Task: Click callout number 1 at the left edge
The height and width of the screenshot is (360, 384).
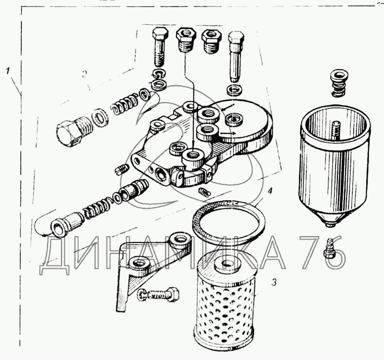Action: pyautogui.click(x=8, y=71)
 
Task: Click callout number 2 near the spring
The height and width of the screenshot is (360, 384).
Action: pyautogui.click(x=84, y=74)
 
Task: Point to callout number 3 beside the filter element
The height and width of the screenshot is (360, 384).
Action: pyautogui.click(x=274, y=282)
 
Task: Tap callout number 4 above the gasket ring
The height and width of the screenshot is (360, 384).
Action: pyautogui.click(x=270, y=191)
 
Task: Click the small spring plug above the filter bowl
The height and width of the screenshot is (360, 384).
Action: pyautogui.click(x=338, y=83)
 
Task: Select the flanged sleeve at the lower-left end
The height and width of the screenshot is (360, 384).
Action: pyautogui.click(x=66, y=223)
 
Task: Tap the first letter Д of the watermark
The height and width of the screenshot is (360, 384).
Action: pyautogui.click(x=56, y=256)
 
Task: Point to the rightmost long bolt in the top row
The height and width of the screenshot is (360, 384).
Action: pyautogui.click(x=236, y=56)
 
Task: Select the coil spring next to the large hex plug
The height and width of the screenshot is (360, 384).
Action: pyautogui.click(x=124, y=103)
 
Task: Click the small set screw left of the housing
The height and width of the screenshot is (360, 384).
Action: pyautogui.click(x=122, y=169)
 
